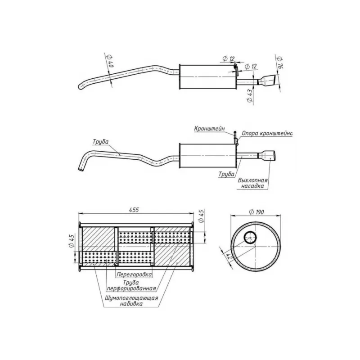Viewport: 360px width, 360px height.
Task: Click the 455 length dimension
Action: [134, 210]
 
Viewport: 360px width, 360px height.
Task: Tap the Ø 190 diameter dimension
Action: [256, 211]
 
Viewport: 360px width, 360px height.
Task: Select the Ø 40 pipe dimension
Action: [109, 61]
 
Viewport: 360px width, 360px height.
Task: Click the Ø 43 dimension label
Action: [250, 96]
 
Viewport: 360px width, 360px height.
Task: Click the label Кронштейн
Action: [209, 129]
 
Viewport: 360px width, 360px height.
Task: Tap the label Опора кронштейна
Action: [267, 133]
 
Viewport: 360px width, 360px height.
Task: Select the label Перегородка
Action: [134, 274]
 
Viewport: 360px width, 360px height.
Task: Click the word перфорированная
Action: [131, 288]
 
